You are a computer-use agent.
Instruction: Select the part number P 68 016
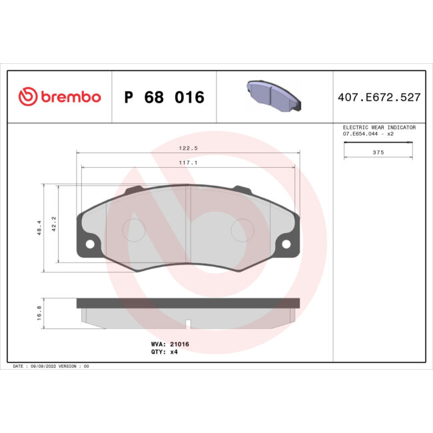tap(164, 97)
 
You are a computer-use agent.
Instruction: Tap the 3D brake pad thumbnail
tap(274, 97)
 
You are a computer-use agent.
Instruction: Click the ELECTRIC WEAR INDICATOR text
tap(379, 127)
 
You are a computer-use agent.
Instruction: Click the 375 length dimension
tap(378, 152)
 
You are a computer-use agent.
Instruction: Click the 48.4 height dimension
tap(39, 228)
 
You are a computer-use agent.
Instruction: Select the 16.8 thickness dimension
tap(39, 312)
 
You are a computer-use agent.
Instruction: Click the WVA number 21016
tap(180, 344)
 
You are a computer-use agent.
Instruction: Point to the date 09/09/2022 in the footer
tap(45, 366)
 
